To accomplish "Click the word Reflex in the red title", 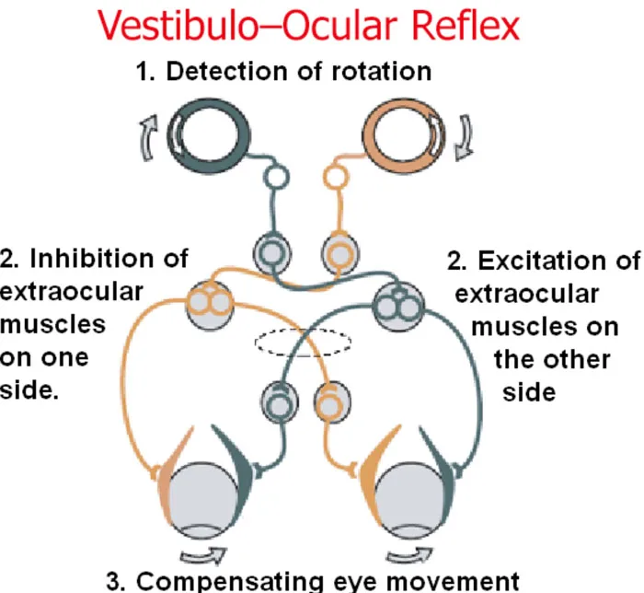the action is pyautogui.click(x=466, y=26).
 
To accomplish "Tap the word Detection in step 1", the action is pyautogui.click(x=227, y=71).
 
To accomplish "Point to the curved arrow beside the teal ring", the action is pyautogui.click(x=148, y=137).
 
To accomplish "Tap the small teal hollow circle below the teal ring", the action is pyautogui.click(x=276, y=177).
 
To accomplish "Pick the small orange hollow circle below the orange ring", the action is pyautogui.click(x=337, y=177).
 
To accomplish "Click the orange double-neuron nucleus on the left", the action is pyautogui.click(x=210, y=305).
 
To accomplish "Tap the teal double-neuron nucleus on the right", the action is pyautogui.click(x=398, y=307).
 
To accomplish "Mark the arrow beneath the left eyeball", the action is pyautogui.click(x=204, y=556).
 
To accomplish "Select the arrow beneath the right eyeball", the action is pyautogui.click(x=410, y=556).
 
